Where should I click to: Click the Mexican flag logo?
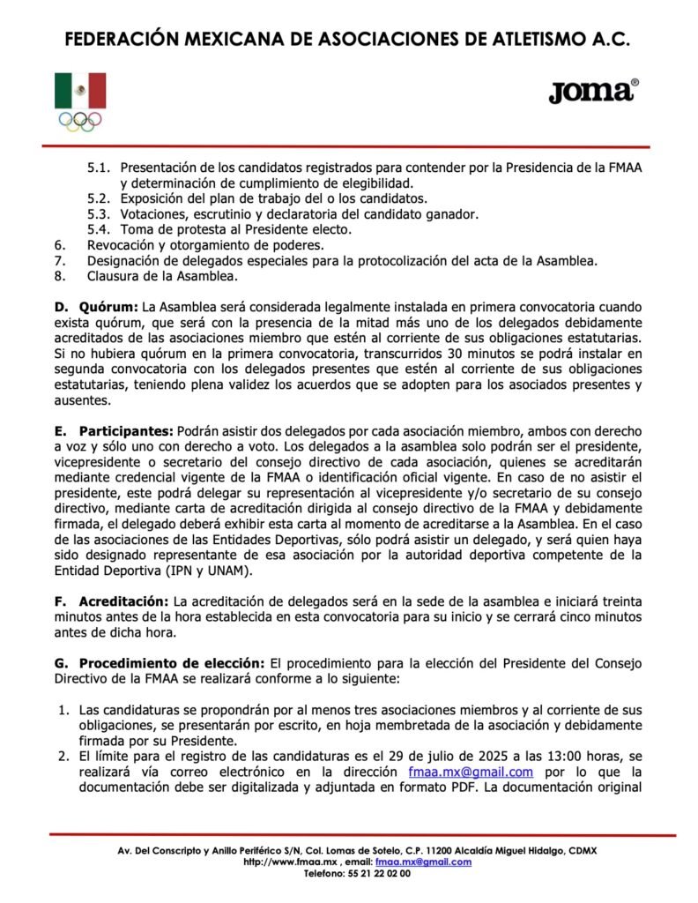point(80,91)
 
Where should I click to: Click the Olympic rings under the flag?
point(80,121)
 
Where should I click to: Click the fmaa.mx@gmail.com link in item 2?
point(472,772)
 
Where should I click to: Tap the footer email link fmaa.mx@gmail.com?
point(423,862)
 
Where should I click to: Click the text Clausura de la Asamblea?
point(162,276)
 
